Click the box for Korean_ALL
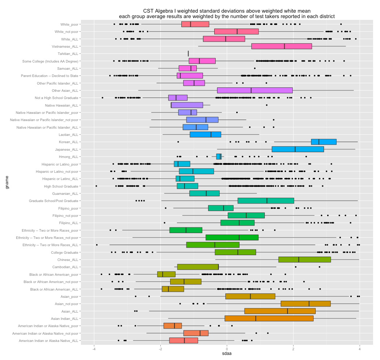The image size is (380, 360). pos(324,142)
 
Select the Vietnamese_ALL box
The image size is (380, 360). pos(281,46)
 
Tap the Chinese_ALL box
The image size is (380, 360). pos(305,260)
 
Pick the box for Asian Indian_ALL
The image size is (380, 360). pos(269,318)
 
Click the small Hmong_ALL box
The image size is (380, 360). pos(219,157)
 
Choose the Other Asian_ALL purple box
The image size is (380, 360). pos(255,90)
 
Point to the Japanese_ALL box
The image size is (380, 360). pos(298,149)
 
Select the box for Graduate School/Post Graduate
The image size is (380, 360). pos(266,201)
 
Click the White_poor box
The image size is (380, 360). pos(195,24)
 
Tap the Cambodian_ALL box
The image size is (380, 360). pos(198,267)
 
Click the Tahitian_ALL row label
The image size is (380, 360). pos(68,54)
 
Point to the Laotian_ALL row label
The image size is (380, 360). pos(68,135)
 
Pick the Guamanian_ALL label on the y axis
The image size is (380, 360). pos(66,193)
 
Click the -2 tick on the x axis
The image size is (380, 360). pos(160,349)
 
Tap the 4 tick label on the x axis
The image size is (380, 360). pos(360,349)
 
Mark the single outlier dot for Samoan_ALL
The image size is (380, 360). pos(255,68)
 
